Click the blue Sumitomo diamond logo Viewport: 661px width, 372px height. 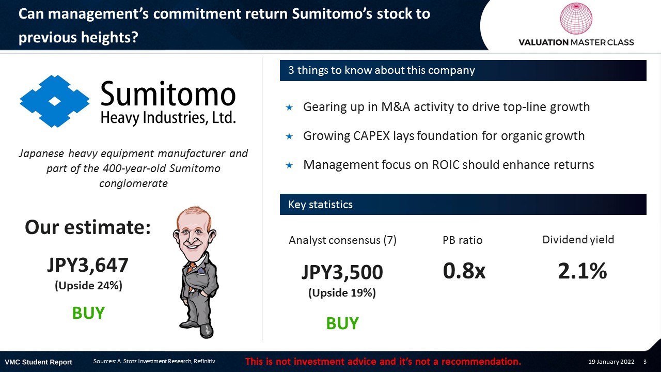point(55,101)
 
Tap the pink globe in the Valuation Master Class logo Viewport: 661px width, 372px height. point(576,18)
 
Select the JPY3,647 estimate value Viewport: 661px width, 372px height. point(88,265)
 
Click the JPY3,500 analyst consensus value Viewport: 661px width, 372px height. point(342,272)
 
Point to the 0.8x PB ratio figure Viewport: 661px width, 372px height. point(464,270)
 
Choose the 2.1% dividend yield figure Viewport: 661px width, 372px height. point(582,271)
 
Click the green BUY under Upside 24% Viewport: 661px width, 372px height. point(88,313)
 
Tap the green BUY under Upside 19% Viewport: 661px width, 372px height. point(342,323)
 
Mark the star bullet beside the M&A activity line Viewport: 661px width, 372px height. point(289,107)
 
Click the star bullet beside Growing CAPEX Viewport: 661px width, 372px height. point(289,136)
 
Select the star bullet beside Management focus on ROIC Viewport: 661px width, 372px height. point(289,165)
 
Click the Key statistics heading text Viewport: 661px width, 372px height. point(320,205)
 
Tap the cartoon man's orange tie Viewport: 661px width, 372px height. point(191,272)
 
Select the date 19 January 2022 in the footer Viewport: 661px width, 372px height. point(611,362)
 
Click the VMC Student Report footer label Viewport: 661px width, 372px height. point(38,362)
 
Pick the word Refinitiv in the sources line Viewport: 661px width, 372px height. point(204,361)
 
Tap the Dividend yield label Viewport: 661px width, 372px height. point(578,240)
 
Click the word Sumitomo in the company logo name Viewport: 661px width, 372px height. point(168,94)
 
